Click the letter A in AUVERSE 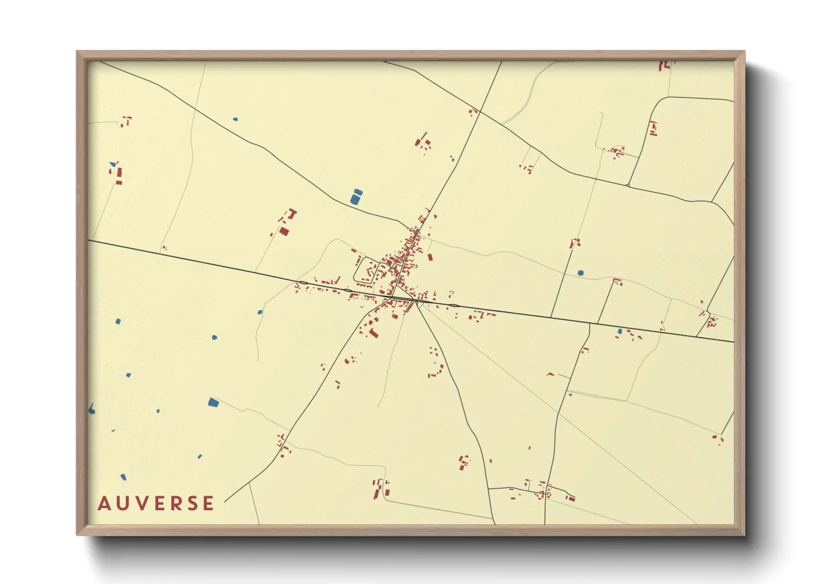104,503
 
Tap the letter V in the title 139,503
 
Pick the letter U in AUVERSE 121,503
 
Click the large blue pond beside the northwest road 357,197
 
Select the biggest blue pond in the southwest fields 213,402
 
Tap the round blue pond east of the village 580,273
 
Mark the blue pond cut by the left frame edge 91,410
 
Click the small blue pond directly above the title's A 123,476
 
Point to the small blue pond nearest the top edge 235,119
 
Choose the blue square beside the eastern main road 619,331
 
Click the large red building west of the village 284,231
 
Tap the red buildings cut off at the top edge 665,65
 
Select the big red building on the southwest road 374,333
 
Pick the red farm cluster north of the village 423,142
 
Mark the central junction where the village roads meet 393,298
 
